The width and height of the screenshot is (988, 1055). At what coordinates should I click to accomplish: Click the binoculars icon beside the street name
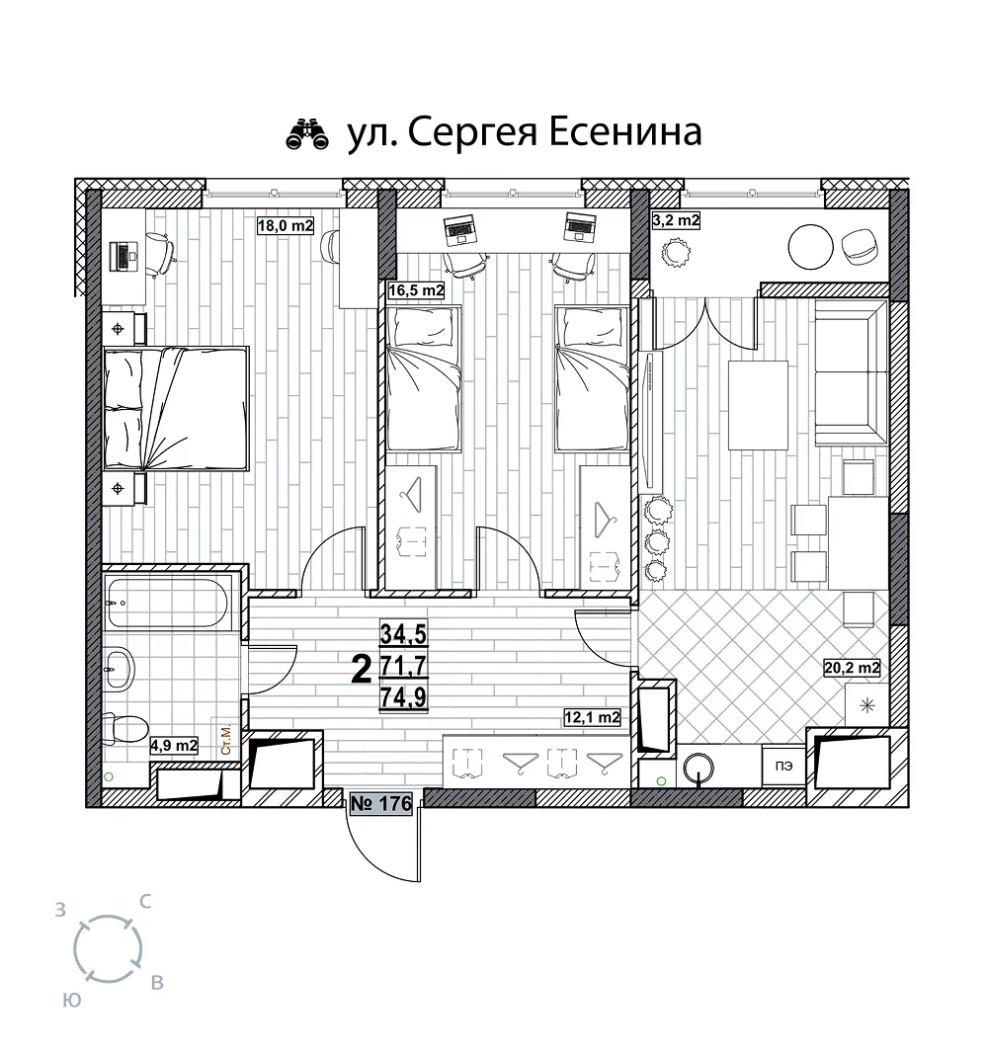pos(307,133)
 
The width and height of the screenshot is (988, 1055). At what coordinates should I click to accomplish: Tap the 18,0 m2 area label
pos(286,225)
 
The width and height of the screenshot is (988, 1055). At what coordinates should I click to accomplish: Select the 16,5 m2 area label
pos(417,290)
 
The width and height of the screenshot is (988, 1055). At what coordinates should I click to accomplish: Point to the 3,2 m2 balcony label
pos(677,220)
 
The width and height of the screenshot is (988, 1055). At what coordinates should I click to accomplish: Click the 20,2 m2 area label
pos(852,668)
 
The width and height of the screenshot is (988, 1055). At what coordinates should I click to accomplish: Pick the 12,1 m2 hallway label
pos(592,718)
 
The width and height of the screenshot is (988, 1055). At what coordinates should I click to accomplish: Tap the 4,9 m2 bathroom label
pos(174,746)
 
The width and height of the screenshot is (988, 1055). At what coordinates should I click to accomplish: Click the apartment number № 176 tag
pos(381,803)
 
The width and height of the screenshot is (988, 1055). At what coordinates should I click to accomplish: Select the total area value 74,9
pos(403,697)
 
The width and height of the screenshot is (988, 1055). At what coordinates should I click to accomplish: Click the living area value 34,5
pos(403,634)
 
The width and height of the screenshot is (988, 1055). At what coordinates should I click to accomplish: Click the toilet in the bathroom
pos(125,729)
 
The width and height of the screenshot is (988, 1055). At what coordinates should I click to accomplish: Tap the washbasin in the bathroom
pos(120,668)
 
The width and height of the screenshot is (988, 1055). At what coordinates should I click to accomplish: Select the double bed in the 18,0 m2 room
pos(176,408)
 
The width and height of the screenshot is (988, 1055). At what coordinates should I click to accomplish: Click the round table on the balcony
pos(811,247)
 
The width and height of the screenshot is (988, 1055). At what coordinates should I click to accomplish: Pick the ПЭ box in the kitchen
pos(783,766)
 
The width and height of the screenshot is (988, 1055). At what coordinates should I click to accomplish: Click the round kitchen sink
pos(699,768)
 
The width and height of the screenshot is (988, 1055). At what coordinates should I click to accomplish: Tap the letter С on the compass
pos(144,902)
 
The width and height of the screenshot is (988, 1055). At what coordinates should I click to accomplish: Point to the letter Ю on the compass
pos(72,1001)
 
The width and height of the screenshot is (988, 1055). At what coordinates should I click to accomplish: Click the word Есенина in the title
pos(626,132)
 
